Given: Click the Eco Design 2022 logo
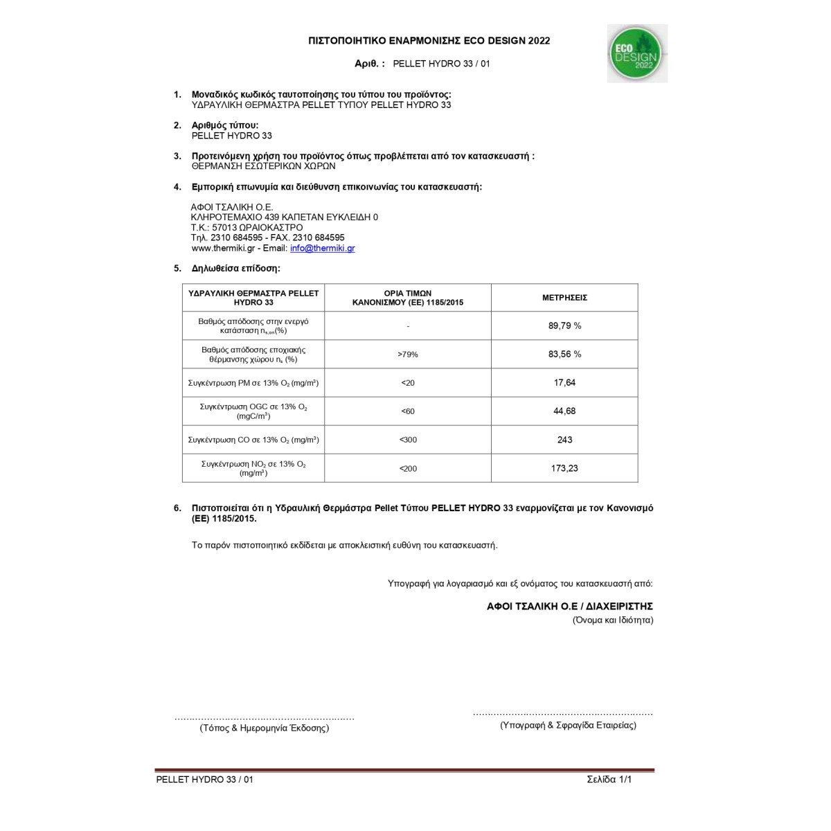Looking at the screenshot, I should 636,53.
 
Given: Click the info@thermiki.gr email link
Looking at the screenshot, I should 322,248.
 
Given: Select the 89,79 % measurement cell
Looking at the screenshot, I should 564,325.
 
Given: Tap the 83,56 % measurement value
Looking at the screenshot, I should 564,354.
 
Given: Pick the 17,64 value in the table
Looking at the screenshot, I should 564,382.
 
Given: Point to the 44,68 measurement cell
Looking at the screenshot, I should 564,411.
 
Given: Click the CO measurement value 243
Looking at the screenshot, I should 564,440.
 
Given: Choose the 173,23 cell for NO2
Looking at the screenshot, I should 564,468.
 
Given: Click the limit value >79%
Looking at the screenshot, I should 408,355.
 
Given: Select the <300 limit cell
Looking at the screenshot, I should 408,440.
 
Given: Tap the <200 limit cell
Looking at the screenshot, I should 408,469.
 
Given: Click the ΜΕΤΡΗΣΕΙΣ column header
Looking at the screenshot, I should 564,298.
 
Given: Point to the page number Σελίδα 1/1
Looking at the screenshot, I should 609,779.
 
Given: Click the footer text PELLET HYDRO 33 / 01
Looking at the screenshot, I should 205,779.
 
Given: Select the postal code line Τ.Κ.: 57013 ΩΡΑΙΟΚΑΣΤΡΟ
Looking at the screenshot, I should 247,227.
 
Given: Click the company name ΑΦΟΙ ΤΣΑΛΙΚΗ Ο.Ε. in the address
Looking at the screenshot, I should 232,207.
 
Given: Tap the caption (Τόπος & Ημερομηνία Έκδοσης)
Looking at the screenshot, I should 265,728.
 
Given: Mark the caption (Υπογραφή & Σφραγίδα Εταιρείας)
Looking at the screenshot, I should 568,725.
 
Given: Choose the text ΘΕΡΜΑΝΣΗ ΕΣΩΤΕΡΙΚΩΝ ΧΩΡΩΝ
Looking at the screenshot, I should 263,166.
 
